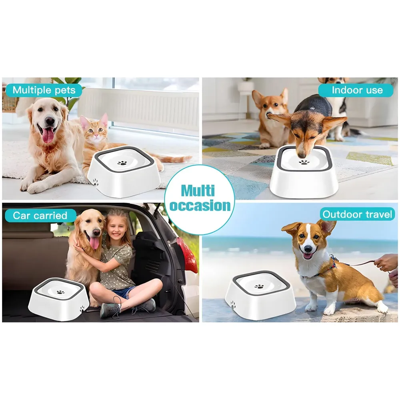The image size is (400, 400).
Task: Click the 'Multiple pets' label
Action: [44, 90]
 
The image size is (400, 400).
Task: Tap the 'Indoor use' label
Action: [357, 90]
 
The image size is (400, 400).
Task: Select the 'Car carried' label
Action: [40, 216]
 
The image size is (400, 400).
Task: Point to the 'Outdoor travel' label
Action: [358, 214]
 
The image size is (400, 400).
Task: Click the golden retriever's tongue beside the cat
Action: [48, 135]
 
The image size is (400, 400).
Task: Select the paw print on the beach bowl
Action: [260, 287]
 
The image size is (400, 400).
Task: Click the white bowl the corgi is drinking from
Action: [304, 176]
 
